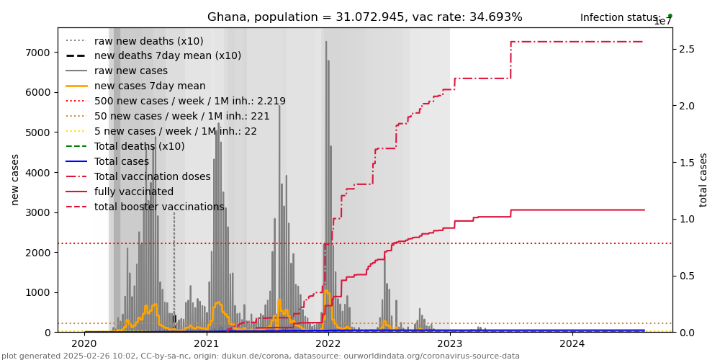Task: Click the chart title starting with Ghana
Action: click(x=364, y=17)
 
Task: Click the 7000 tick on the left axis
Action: click(x=37, y=53)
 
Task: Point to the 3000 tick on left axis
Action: click(x=37, y=212)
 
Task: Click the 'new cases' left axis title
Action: click(x=14, y=179)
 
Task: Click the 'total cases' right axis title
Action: click(x=703, y=179)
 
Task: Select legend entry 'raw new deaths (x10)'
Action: click(x=148, y=41)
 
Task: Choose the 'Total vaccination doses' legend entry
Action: click(x=152, y=177)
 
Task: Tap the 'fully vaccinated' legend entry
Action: click(x=133, y=192)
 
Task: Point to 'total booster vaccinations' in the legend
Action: click(x=158, y=207)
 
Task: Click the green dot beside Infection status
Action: click(x=670, y=16)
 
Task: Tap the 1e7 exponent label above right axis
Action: click(x=662, y=22)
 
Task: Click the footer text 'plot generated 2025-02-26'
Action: click(x=261, y=356)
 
